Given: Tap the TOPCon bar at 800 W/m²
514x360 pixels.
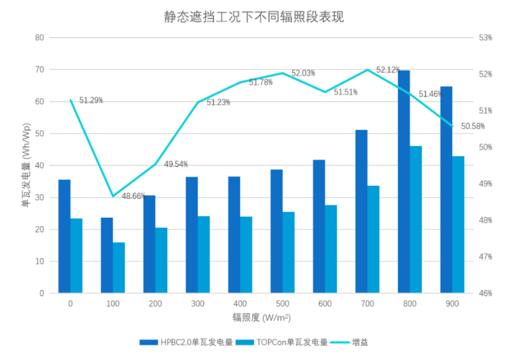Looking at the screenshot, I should click(416, 219).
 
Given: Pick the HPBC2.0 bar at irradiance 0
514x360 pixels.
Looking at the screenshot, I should click(65, 237).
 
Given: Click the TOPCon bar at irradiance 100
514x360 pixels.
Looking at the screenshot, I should click(119, 267).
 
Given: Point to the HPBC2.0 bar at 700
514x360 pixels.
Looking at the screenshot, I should click(362, 211).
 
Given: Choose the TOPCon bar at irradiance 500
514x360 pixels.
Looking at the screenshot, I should click(288, 253).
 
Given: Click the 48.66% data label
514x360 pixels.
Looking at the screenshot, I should click(133, 195).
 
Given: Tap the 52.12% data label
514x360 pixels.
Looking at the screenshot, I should click(388, 70).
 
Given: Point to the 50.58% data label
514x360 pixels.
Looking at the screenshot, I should click(473, 126).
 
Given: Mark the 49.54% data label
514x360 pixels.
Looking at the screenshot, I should click(176, 164).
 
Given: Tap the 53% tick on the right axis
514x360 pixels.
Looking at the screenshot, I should click(485, 38).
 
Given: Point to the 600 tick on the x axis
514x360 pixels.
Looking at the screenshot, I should click(325, 304).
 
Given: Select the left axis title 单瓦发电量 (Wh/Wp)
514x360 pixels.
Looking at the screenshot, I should click(26, 166).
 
